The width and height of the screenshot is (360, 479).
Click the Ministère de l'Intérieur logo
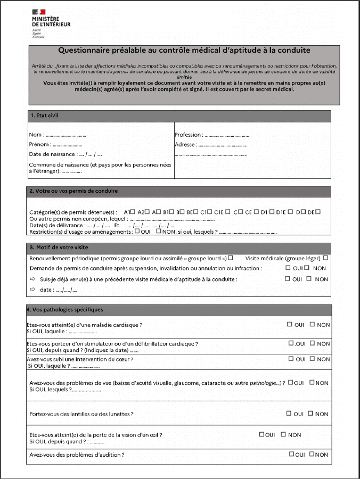click(50, 24)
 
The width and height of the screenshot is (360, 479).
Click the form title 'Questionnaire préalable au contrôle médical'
click(184, 51)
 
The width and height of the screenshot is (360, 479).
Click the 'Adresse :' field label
click(186, 144)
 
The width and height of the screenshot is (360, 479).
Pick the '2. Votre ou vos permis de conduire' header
click(73, 191)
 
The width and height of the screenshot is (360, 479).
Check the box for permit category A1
click(133, 211)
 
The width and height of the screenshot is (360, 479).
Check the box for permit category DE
click(318, 211)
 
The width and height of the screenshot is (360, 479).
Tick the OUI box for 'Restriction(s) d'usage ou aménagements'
click(137, 232)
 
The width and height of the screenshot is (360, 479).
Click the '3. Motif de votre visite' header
click(59, 247)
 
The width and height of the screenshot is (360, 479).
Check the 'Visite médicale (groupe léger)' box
click(325, 258)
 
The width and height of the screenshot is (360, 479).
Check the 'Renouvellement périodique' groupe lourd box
click(231, 258)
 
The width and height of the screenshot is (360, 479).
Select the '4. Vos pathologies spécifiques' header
click(64, 309)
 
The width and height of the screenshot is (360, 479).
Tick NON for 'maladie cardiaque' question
click(313, 324)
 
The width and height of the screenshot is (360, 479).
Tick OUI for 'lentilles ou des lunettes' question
click(289, 413)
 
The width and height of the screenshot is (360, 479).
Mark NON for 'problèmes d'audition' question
click(312, 454)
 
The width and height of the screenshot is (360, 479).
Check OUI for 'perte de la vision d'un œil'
click(261, 434)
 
